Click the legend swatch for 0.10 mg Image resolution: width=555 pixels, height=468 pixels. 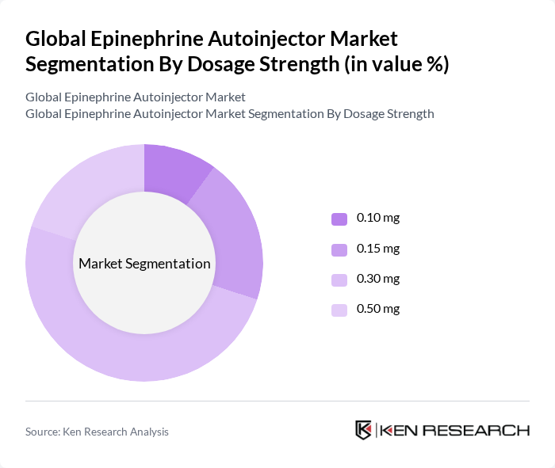pyautogui.click(x=339, y=219)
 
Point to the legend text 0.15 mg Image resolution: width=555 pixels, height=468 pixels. pyautogui.click(x=378, y=249)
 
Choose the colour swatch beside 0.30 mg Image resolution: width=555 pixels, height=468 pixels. pyautogui.click(x=339, y=280)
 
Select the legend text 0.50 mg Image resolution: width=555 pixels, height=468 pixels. pyautogui.click(x=378, y=309)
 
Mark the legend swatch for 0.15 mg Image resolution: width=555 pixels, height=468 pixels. pyautogui.click(x=339, y=249)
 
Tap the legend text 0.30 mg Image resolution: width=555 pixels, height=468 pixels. pyautogui.click(x=378, y=279)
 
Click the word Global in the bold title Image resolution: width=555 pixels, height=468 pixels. pyautogui.click(x=55, y=38)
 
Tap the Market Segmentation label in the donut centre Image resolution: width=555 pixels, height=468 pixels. pyautogui.click(x=144, y=264)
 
